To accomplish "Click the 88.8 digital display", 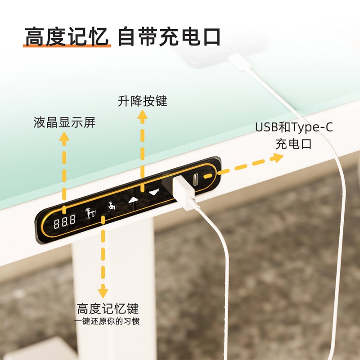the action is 64,221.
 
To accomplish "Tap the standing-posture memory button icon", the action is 90,212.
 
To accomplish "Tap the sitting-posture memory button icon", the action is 112,206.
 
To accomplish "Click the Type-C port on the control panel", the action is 196,179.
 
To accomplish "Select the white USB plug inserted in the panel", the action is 184,193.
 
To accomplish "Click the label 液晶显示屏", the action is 64,122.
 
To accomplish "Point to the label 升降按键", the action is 142,101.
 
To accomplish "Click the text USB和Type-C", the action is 294,127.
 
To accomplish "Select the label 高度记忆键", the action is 108,308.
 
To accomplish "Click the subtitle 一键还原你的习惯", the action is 107,321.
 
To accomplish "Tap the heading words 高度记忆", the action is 67,36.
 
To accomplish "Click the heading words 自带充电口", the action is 169,36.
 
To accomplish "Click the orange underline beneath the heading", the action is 67,46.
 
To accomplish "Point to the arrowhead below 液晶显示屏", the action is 64,139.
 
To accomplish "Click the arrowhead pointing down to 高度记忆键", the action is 103,291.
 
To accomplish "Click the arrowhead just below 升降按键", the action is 142,117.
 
